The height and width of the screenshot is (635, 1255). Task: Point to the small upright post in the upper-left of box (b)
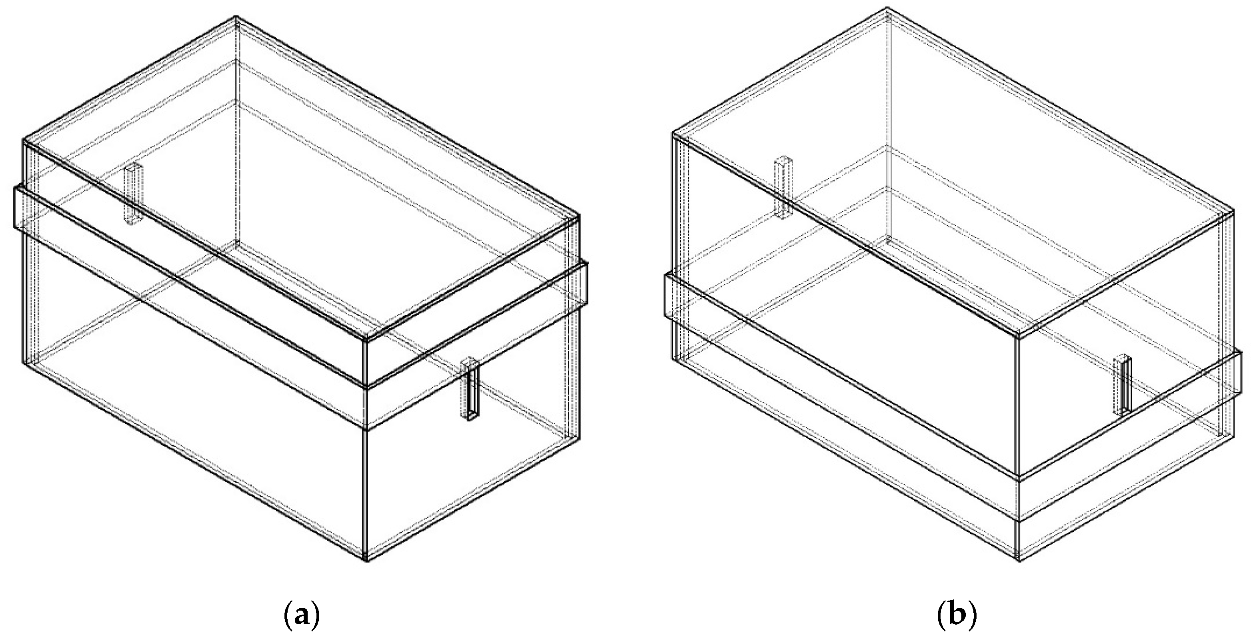784,187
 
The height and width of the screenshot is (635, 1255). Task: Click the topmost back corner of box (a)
236,17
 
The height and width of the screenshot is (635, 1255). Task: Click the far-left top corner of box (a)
23,140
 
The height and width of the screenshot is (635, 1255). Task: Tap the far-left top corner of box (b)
673,132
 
